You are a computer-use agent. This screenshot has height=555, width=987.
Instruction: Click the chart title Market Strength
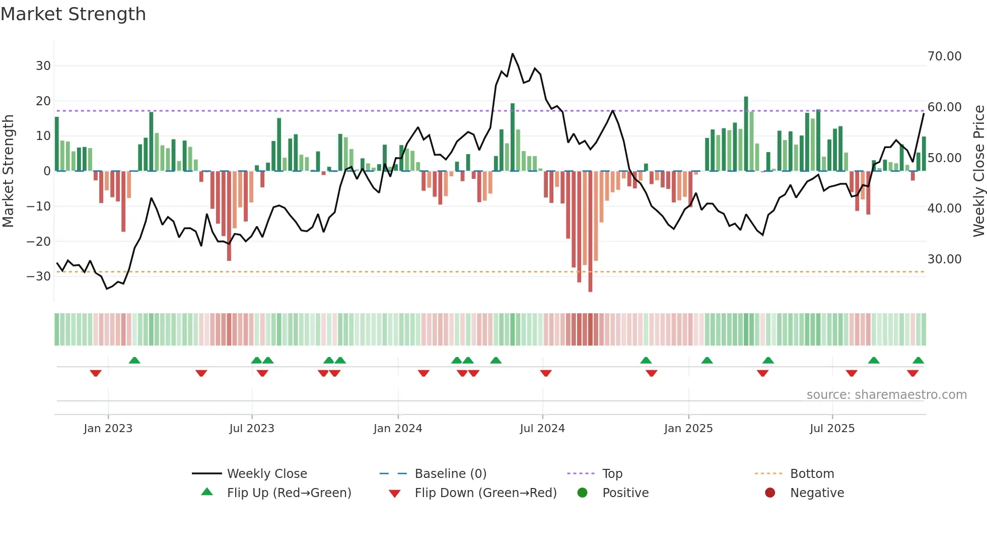point(73,14)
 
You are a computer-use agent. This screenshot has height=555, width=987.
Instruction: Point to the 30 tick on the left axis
point(43,66)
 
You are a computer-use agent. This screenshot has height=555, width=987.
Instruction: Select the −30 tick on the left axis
point(39,276)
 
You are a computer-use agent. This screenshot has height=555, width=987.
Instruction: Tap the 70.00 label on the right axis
point(944,56)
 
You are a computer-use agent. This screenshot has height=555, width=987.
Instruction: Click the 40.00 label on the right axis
point(944,208)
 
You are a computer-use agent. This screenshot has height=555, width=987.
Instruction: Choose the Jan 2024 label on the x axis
point(397,429)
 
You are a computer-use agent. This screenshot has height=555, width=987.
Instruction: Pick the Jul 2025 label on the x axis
point(832,429)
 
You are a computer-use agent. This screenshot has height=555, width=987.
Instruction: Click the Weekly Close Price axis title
point(978,171)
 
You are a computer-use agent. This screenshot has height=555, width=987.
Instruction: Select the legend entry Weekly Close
point(266,474)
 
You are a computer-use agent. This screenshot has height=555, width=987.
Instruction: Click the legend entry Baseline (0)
point(450,474)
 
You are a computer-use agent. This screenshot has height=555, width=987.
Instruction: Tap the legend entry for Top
point(612,474)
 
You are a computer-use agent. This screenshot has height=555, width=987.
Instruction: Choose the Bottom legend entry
point(812,474)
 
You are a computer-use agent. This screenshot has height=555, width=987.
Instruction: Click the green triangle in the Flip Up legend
point(207,492)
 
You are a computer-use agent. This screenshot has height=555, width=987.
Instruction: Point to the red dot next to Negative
point(770,493)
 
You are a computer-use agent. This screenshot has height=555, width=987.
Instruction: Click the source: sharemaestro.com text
point(886,395)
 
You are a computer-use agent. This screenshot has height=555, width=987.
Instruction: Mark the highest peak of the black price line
point(513,54)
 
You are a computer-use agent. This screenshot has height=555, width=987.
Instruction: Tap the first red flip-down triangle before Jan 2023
point(96,373)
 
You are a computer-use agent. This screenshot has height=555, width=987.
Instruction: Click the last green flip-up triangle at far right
point(918,361)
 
